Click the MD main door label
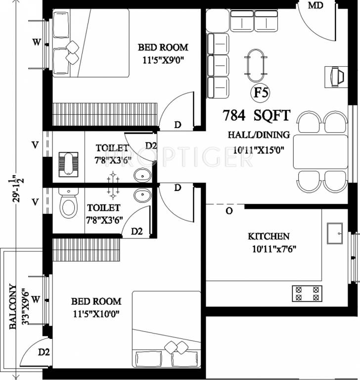point(315,5)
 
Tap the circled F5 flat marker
point(261,93)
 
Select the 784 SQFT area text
point(256,116)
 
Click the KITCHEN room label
point(269,237)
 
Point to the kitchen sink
point(335,234)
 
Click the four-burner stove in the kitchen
point(307,293)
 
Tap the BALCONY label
point(13,307)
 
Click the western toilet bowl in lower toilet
point(69,203)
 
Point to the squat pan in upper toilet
point(68,165)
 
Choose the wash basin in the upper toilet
point(142,176)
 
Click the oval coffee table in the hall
point(256,65)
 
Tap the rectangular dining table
point(320,152)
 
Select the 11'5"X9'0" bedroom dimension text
point(163,60)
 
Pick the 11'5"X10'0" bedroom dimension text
point(96,314)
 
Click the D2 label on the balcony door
point(44,352)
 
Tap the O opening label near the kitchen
point(229,211)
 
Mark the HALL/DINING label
point(259,135)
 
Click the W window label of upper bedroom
point(37,43)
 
